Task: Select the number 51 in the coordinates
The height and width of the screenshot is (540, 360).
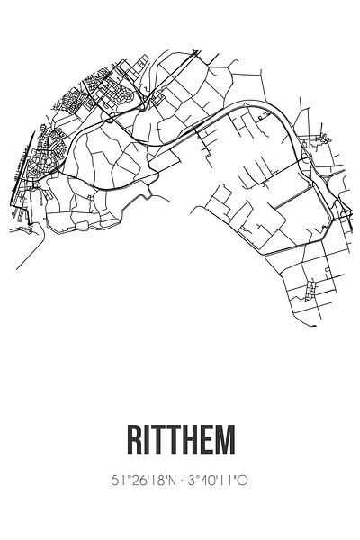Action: click(x=115, y=481)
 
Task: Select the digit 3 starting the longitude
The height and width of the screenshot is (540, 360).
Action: click(x=191, y=481)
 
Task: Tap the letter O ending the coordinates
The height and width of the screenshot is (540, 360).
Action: click(x=241, y=481)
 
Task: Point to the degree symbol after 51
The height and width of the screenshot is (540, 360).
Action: click(x=122, y=477)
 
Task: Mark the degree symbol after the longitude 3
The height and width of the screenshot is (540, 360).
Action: click(x=196, y=477)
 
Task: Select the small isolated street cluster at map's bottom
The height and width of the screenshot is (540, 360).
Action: click(x=311, y=290)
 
